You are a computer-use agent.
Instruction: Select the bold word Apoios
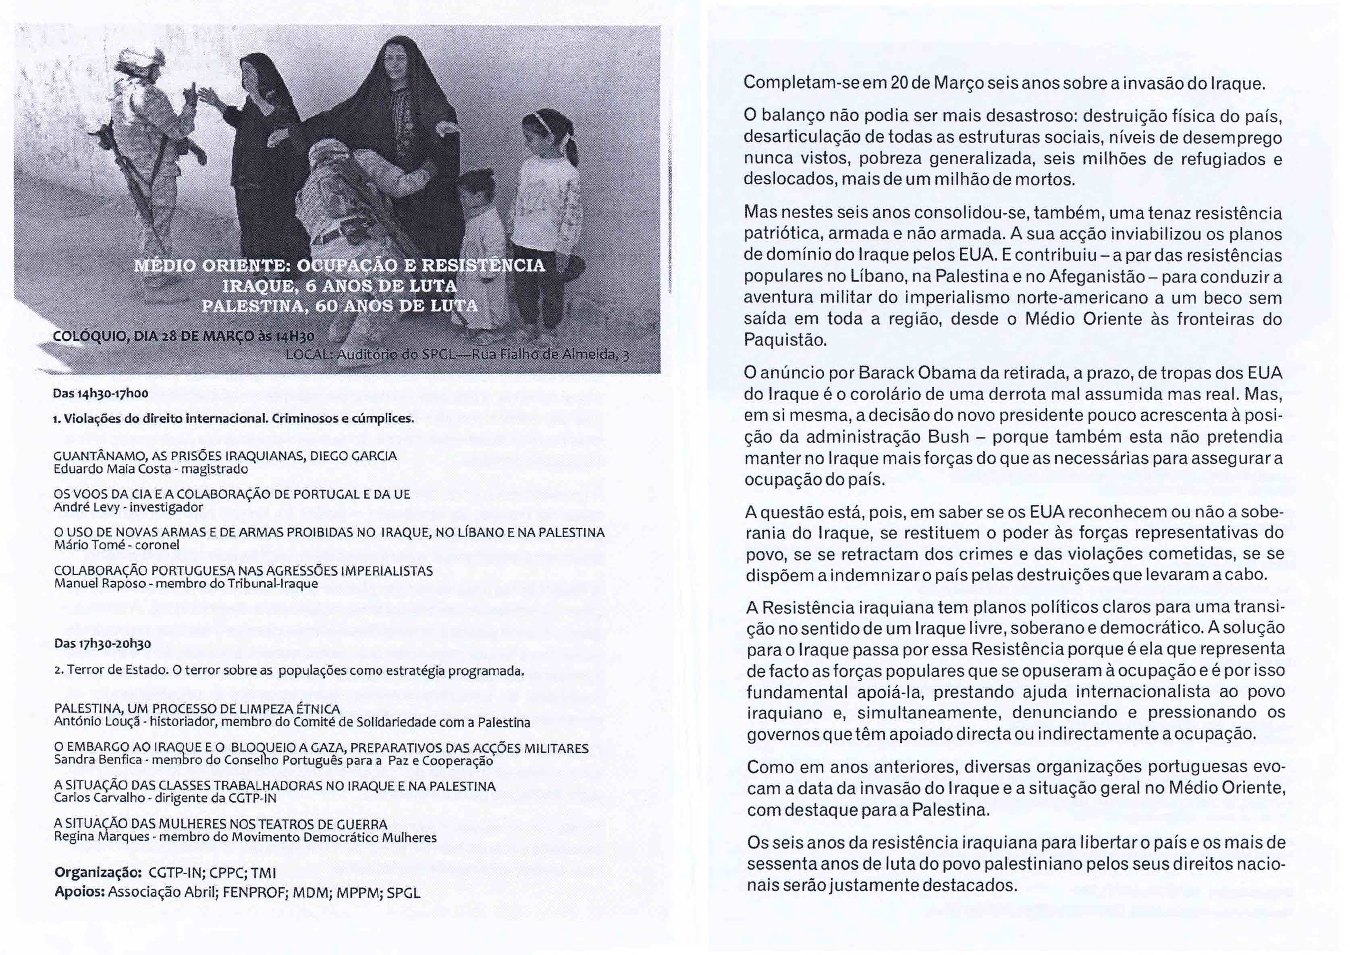click(79, 892)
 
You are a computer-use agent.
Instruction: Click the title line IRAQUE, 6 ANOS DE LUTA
click(340, 286)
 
